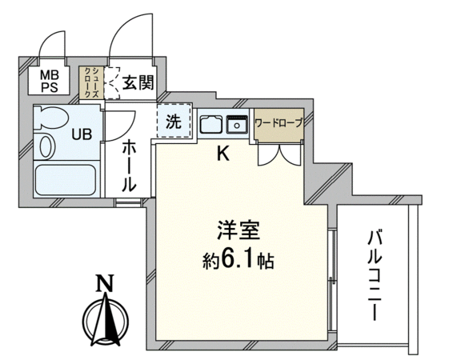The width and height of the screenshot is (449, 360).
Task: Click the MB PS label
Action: [x=50, y=82]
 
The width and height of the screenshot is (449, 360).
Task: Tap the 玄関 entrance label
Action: [x=138, y=82]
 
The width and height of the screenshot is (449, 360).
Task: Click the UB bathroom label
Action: [x=82, y=134]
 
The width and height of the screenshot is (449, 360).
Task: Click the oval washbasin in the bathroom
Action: [x=46, y=146]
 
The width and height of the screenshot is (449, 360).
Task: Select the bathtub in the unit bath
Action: [x=66, y=180]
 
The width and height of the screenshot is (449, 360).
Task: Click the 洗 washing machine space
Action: [x=174, y=122]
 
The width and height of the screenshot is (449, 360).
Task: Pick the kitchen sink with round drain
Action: [x=237, y=124]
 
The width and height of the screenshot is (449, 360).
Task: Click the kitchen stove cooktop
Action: [x=211, y=124]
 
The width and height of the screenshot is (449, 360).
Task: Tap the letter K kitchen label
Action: [x=223, y=154]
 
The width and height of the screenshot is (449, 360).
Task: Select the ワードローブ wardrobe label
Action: [x=279, y=123]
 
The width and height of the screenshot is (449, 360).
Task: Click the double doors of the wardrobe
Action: [x=280, y=155]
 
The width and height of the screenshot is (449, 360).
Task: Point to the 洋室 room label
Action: [x=239, y=230]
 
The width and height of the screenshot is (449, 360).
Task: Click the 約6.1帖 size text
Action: [x=239, y=260]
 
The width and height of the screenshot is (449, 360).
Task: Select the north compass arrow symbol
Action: [x=106, y=319]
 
